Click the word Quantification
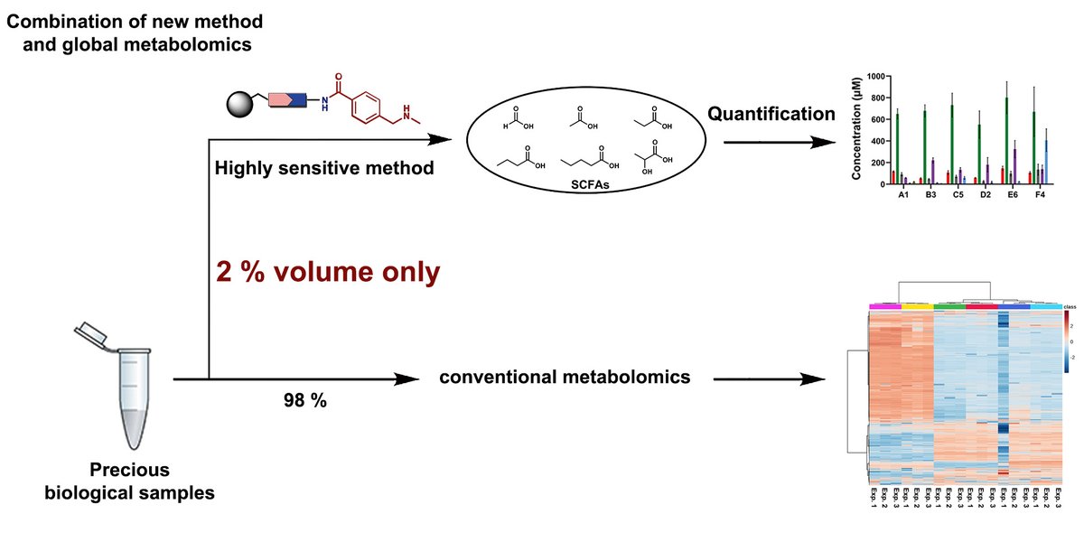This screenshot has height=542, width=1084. pos(771,114)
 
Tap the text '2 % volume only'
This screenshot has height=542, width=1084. pos(329,272)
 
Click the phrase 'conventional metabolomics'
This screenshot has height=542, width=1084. pos(565,376)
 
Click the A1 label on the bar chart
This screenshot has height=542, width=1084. pos(902,196)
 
